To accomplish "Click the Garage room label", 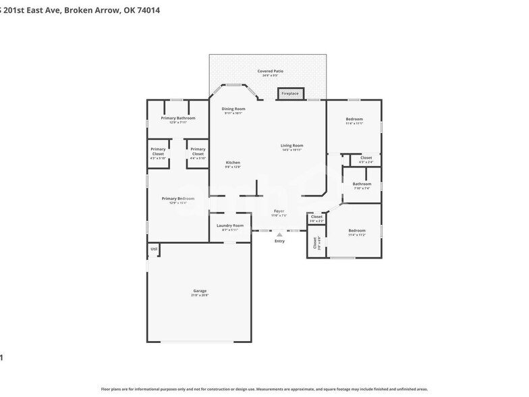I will click(200, 290).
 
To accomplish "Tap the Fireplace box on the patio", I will click(290, 93).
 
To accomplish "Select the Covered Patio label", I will click(270, 71).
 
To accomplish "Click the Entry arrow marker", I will click(279, 235).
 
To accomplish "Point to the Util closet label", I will click(154, 249).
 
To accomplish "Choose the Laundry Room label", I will click(229, 226).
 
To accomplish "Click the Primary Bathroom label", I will click(178, 118).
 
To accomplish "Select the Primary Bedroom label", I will click(178, 198).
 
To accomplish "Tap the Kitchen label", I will click(233, 163).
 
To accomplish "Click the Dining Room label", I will click(234, 109).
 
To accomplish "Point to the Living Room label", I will click(292, 145).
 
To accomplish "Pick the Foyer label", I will click(279, 211).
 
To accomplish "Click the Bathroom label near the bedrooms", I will click(362, 184).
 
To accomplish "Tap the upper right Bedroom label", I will click(354, 119).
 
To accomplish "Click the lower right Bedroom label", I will click(356, 230).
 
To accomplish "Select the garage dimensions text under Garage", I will click(200, 295).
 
